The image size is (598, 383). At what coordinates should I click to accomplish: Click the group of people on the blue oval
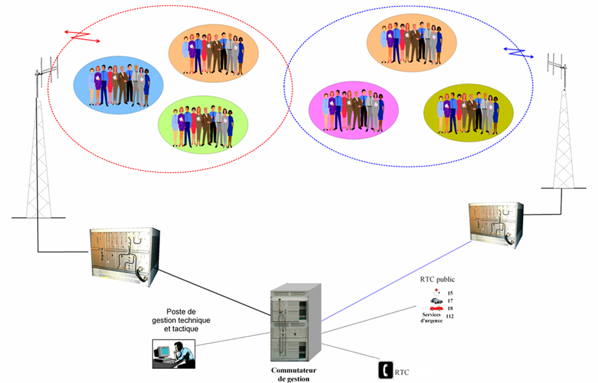[118, 85]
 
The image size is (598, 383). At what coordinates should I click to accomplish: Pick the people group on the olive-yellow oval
[468, 112]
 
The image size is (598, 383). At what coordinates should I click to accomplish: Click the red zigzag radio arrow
[84, 36]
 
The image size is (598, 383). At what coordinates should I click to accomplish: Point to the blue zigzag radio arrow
[519, 51]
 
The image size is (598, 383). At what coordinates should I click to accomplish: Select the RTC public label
[437, 280]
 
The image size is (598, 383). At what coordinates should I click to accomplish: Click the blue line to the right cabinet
[396, 281]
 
